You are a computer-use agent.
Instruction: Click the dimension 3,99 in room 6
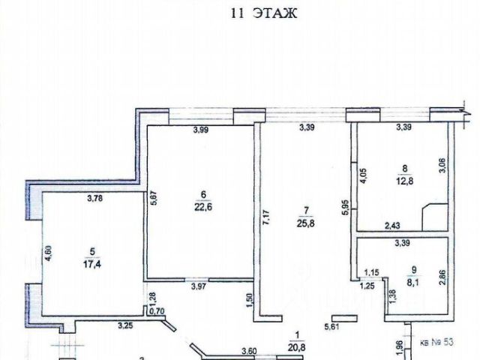(201, 130)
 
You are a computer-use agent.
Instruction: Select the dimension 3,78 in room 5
(95, 199)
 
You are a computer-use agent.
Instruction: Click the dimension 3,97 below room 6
(199, 285)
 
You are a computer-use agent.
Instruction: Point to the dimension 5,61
(331, 326)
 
